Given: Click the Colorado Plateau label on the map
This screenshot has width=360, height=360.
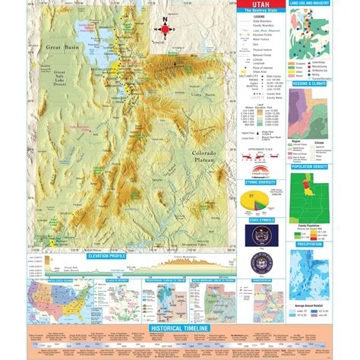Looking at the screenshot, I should tap(203, 156).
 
